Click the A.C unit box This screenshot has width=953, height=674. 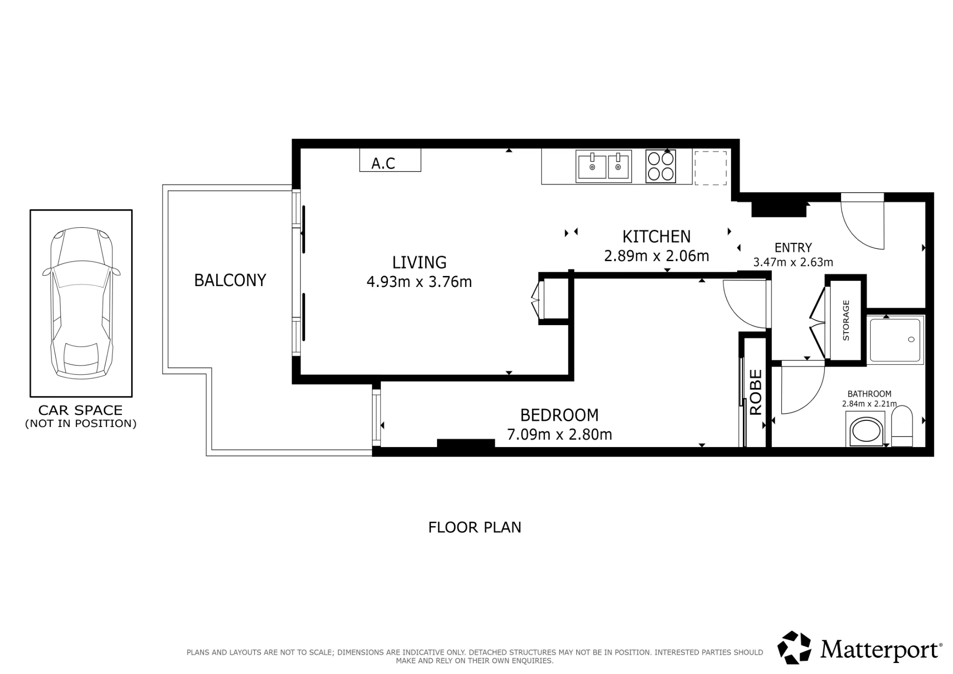[390, 160]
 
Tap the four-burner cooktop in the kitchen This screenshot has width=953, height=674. [660, 166]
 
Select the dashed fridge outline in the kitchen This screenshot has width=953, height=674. [710, 168]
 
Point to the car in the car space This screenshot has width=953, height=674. [81, 303]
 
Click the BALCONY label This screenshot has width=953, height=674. [230, 280]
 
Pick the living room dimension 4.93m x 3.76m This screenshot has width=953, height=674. [419, 282]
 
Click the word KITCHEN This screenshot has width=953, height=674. [657, 236]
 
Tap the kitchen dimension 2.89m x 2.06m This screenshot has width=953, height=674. [657, 256]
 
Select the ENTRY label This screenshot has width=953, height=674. [793, 248]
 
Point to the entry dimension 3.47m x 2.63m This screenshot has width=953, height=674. [793, 262]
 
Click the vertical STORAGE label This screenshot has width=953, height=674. [846, 320]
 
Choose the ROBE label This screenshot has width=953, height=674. [756, 392]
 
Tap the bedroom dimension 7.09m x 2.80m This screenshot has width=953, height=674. [559, 435]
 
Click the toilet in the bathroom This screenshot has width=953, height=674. [902, 426]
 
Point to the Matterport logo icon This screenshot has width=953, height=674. [794, 648]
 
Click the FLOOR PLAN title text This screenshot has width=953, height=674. [475, 527]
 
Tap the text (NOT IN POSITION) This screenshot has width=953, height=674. [81, 423]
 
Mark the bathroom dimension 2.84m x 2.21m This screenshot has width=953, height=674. [869, 404]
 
